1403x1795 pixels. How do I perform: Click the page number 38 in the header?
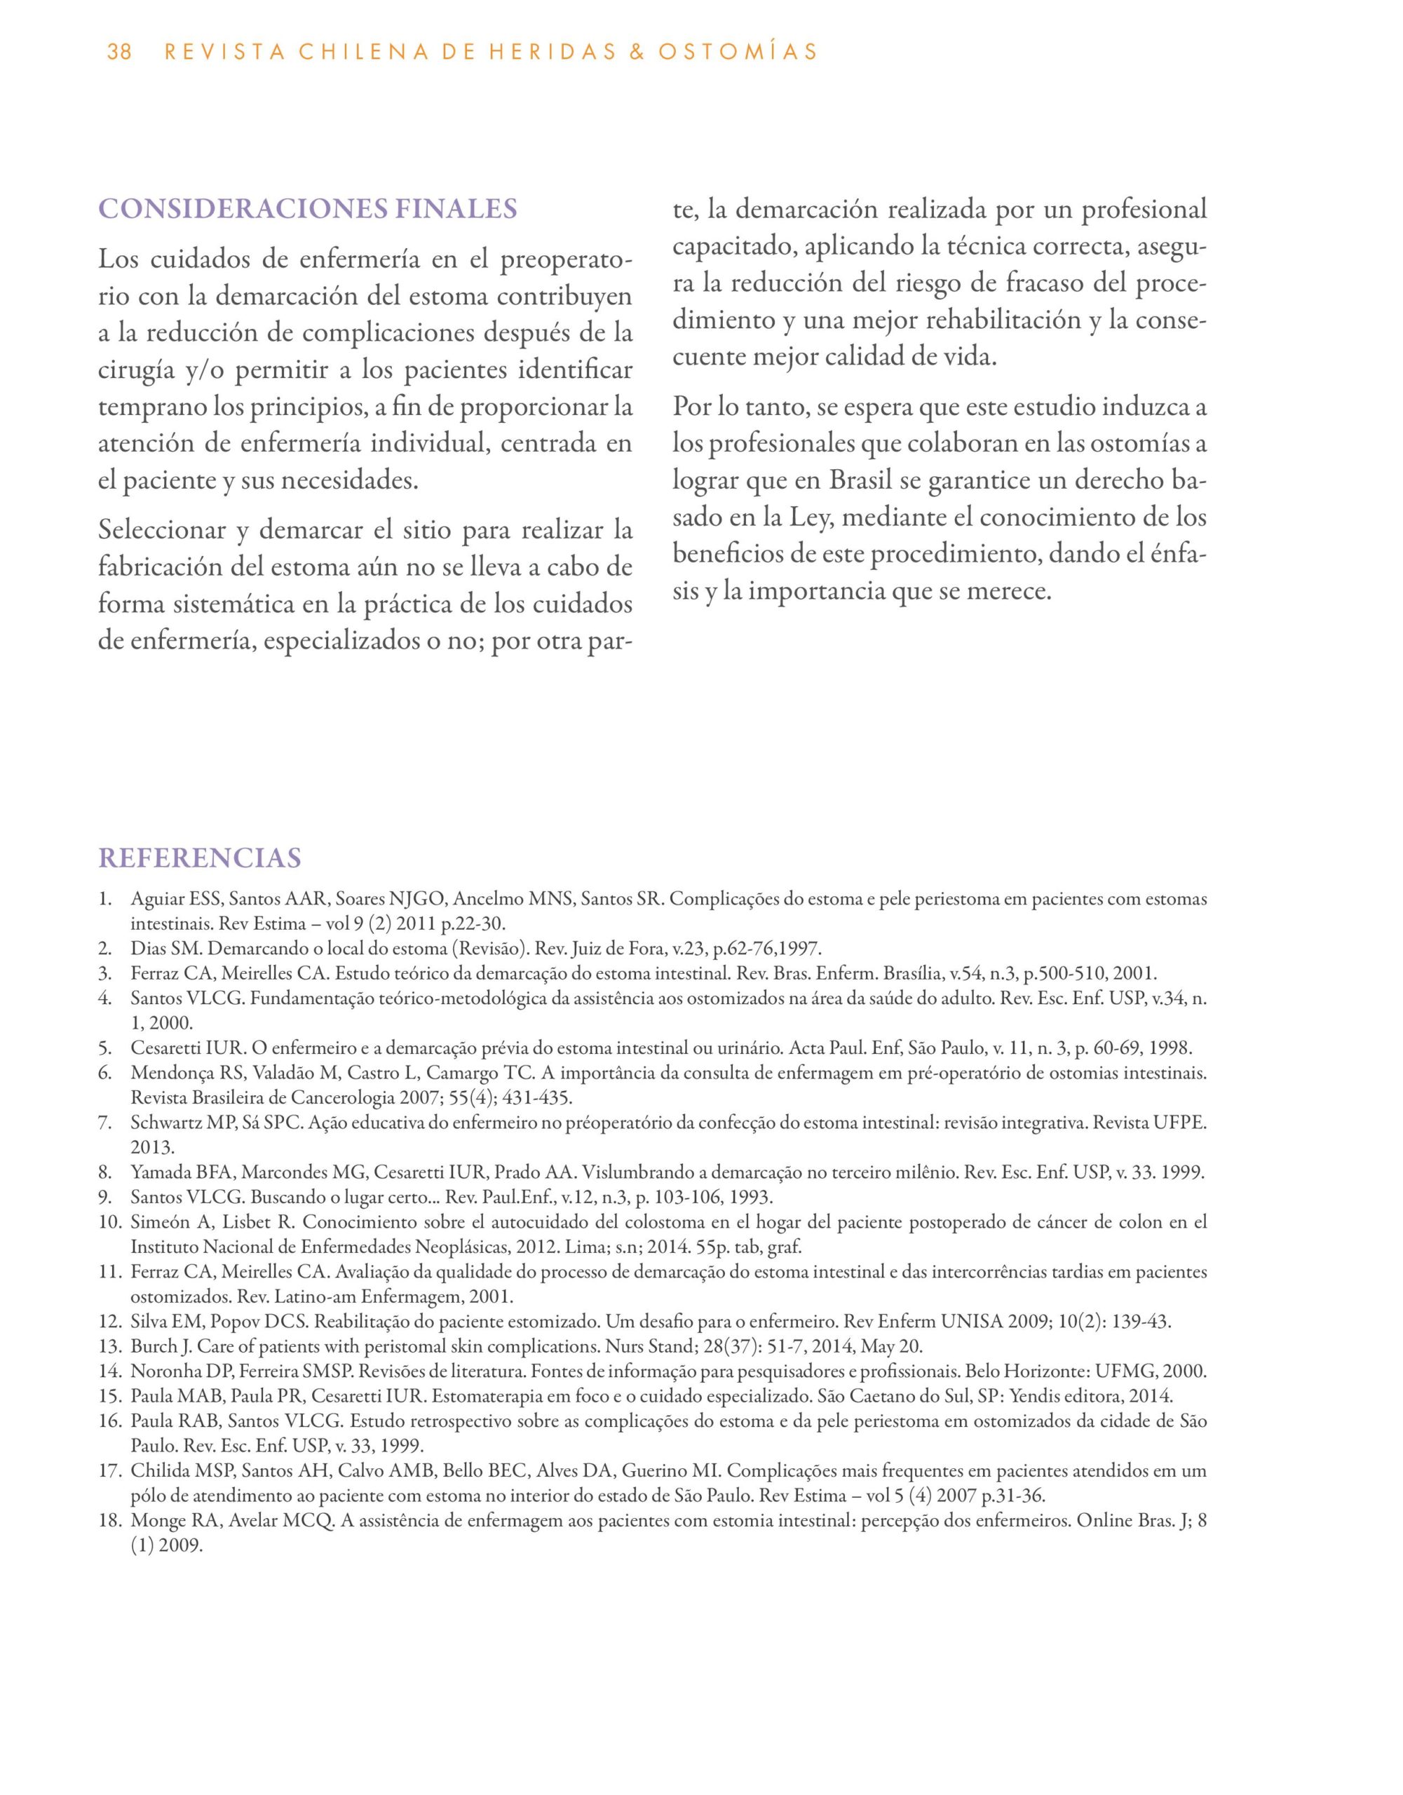[119, 53]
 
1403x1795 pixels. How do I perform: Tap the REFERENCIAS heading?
[200, 858]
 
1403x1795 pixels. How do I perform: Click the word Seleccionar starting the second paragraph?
[162, 530]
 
